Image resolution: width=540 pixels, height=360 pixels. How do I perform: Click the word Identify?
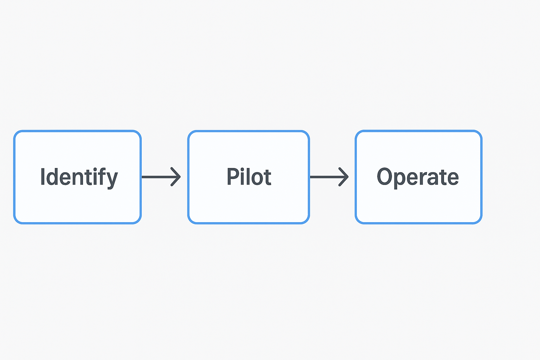coord(79,178)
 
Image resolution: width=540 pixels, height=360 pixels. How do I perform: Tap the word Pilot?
coord(249,176)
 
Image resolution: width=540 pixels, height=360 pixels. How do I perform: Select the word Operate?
coord(418,178)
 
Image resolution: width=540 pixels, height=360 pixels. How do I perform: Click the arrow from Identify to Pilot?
coord(161,177)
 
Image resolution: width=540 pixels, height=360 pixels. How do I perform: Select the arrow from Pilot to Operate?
coord(329,177)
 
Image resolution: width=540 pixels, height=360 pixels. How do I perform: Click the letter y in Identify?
coord(111,180)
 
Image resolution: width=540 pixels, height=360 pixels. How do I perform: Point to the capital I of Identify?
coord(43,176)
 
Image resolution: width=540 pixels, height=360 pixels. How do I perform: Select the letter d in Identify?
coord(52,176)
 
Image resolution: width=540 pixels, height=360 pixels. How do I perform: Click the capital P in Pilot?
coord(233,176)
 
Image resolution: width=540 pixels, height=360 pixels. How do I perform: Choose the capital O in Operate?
coord(384,176)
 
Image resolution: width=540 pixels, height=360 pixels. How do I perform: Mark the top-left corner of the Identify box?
coord(14,131)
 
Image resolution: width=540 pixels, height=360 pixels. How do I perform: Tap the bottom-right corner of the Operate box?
coord(481,223)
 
